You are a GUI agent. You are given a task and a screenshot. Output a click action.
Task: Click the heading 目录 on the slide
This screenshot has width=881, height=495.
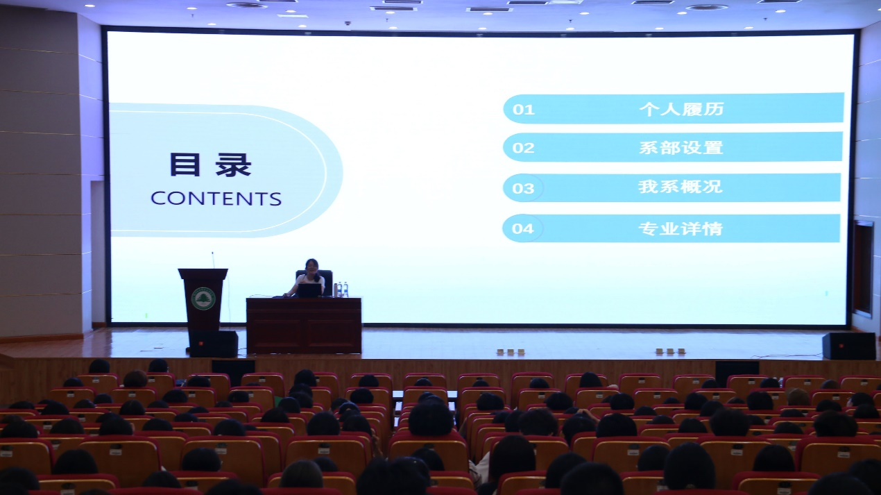[x=210, y=165]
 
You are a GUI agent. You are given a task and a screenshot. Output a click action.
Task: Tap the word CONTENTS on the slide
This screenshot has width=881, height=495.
[x=216, y=199]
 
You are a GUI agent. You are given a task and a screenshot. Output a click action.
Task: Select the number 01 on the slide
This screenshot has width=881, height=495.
[x=524, y=110]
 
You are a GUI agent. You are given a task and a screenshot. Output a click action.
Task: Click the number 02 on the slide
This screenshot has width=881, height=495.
[x=524, y=148]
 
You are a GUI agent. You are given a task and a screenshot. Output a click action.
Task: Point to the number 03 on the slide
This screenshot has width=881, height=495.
[x=523, y=188]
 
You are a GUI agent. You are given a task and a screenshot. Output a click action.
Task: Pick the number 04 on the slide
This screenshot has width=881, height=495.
[x=522, y=228]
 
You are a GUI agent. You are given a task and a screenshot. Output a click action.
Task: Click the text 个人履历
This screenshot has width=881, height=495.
[x=681, y=108]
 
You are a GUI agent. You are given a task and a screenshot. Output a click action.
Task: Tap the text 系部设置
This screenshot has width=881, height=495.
[x=681, y=148]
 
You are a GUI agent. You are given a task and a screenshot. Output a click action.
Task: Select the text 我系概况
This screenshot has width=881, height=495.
[x=681, y=187]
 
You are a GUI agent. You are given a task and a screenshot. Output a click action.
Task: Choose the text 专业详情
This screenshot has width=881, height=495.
[x=681, y=228]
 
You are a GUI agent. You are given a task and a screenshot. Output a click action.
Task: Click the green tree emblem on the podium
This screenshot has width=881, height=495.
[x=203, y=299]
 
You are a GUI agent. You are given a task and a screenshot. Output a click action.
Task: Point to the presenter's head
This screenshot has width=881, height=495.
[x=311, y=267]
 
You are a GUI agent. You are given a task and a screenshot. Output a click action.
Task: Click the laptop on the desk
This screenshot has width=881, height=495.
[x=309, y=291]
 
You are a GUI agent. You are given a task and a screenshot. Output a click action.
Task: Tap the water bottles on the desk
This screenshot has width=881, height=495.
[x=341, y=290]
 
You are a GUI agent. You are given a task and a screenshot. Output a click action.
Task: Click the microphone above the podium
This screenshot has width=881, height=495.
[x=213, y=260]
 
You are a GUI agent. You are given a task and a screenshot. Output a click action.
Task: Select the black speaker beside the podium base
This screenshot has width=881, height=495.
[x=214, y=344]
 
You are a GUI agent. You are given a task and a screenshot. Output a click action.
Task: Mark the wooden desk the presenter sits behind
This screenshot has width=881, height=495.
[x=304, y=325]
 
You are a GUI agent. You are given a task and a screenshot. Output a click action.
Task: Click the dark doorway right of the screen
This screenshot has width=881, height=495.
[x=863, y=269]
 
